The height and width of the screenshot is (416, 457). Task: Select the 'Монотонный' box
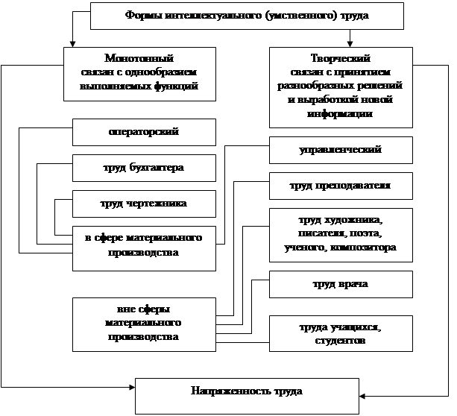tap(139, 72)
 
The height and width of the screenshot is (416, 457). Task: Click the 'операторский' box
tap(144, 132)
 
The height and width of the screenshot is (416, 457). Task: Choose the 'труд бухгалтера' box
tap(144, 167)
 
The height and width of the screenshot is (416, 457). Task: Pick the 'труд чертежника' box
tap(144, 203)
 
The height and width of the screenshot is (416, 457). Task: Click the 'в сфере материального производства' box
tap(144, 245)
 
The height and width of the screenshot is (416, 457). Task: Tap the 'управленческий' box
tap(340, 150)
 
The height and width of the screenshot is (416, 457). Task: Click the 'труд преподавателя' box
tap(340, 185)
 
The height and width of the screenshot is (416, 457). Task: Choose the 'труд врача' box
tap(340, 284)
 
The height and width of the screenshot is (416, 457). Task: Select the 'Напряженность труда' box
tap(246, 392)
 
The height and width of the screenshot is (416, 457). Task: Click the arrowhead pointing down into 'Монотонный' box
tap(72, 43)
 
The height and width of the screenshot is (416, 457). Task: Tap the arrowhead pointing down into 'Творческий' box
tap(350, 43)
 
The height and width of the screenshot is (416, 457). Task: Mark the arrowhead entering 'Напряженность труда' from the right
tap(362, 396)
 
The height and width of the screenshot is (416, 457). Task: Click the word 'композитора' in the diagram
tap(368, 247)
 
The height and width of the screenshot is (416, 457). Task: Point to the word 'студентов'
tap(340, 341)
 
